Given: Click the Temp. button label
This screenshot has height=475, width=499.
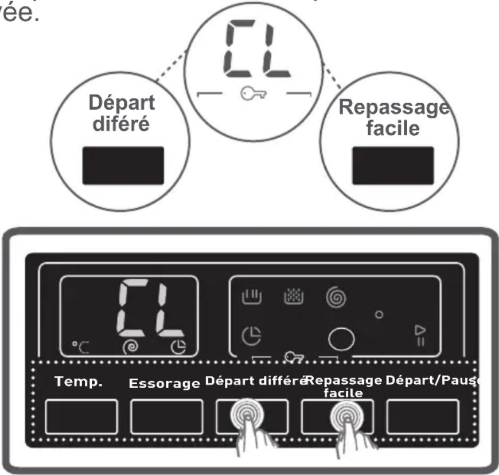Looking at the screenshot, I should click(x=78, y=382).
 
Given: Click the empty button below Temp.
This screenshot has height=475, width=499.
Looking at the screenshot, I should click(x=81, y=416).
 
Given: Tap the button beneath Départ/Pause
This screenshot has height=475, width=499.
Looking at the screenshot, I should click(x=423, y=416).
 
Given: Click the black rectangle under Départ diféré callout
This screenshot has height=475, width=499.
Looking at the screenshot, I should click(x=123, y=165).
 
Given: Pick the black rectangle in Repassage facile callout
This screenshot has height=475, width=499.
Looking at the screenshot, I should click(x=392, y=165).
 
